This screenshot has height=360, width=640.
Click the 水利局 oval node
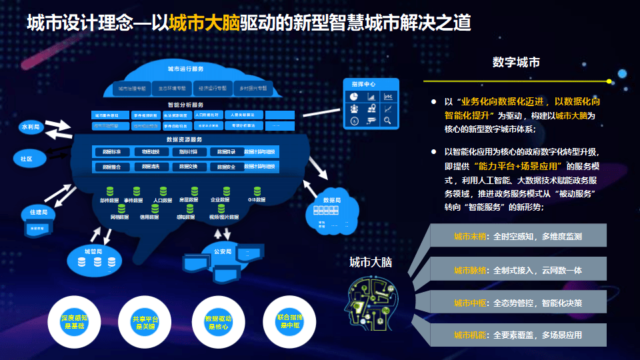pos(31,126)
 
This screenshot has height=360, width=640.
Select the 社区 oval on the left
pos(26,159)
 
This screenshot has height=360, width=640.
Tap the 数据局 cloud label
pos(332,200)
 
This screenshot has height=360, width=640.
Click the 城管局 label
pos(93,251)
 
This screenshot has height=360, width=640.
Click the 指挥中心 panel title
pos(363,85)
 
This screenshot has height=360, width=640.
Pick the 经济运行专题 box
pos(211,88)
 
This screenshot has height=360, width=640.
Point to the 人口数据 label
pos(163,199)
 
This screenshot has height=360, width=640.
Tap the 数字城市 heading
pos(516,63)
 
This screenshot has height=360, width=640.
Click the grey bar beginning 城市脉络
pos(517,270)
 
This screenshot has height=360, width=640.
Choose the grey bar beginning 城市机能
pos(517,335)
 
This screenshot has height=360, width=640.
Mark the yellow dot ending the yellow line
pos(609,81)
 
